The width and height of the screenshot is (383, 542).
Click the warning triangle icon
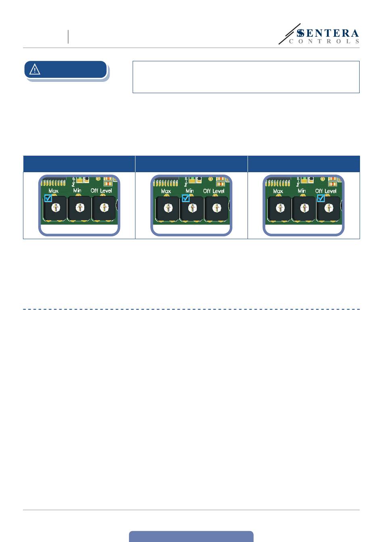[x=35, y=69]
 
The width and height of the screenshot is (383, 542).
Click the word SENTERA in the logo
[x=328, y=33]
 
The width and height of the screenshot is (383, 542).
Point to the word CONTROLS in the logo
[x=324, y=42]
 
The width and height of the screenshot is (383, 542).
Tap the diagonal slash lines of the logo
[x=289, y=34]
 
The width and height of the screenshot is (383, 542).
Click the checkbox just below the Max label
[x=48, y=198]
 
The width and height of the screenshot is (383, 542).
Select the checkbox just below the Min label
[x=185, y=198]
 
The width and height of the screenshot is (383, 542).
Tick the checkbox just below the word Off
[x=321, y=198]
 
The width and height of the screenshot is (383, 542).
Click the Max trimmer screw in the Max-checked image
[x=56, y=208]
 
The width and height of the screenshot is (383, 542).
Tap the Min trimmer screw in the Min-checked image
[x=192, y=208]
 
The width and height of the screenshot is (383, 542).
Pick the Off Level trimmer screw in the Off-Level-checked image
[x=329, y=208]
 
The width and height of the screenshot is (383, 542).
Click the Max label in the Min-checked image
[x=166, y=191]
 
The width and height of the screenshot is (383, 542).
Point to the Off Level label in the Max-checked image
[x=101, y=191]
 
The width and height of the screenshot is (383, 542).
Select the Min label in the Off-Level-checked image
[x=302, y=191]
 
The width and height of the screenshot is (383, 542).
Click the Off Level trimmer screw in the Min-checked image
[x=216, y=208]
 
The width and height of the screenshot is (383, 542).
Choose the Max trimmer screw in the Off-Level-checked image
[x=280, y=208]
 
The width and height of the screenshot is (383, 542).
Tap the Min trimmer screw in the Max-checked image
[x=80, y=208]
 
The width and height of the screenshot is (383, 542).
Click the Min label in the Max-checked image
[x=77, y=190]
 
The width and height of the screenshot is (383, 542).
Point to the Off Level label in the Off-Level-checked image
[x=326, y=191]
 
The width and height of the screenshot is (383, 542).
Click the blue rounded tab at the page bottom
[x=191, y=536]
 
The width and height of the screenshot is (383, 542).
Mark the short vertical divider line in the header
[x=68, y=37]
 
